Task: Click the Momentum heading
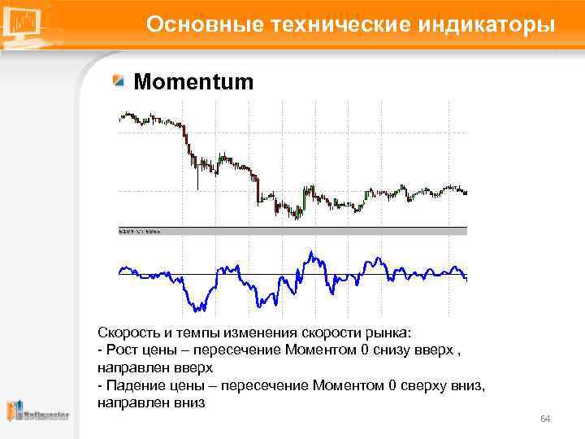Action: (193, 82)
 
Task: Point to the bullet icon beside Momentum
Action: (119, 81)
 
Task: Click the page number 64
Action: (545, 419)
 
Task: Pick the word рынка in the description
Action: (392, 333)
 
